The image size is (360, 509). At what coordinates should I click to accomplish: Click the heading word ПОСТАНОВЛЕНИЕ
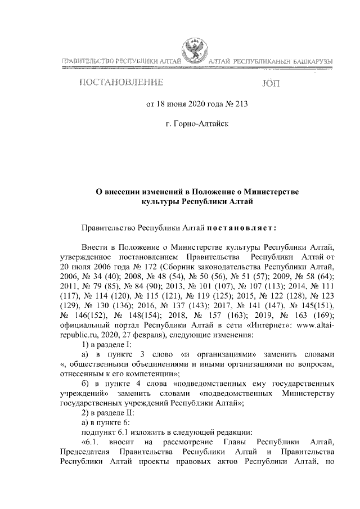click(x=121, y=84)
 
